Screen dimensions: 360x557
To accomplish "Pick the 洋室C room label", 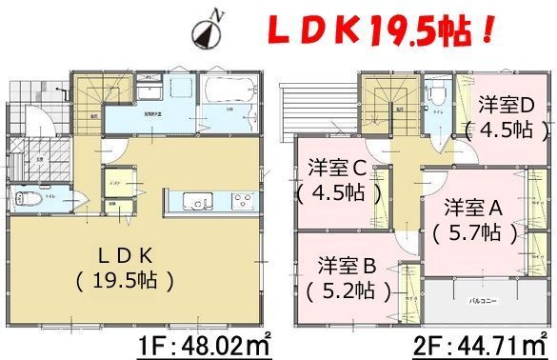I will (x=338, y=180).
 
